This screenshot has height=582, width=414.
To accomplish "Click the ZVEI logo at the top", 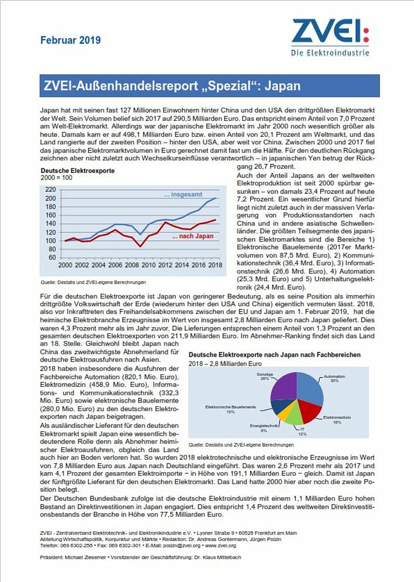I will coord(330,37).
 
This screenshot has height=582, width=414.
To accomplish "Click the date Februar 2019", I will coord(70,40).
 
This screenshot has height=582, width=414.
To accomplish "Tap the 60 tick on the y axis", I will coord(52,258).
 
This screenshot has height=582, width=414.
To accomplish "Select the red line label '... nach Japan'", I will coord(192,236).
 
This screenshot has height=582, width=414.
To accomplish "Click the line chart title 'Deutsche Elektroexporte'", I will coord(78,171).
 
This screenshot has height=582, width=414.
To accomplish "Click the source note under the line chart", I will coord(93,282).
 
